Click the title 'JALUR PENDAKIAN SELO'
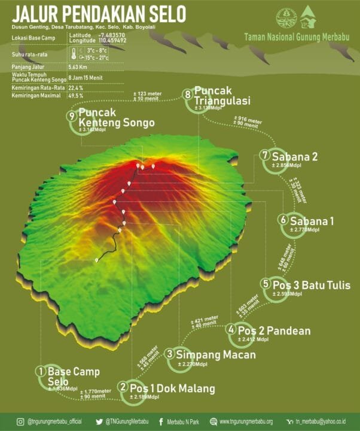click(x=99, y=14)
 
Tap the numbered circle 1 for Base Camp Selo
click(x=41, y=371)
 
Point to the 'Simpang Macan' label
click(x=217, y=354)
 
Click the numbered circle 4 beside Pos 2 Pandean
click(x=231, y=329)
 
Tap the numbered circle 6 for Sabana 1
click(x=283, y=220)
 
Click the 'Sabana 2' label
click(x=297, y=157)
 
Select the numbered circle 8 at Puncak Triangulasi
click(x=188, y=95)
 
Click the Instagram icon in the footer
click(x=20, y=421)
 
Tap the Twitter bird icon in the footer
click(x=99, y=421)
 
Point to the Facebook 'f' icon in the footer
click(x=161, y=421)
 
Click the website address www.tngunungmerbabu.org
click(x=246, y=421)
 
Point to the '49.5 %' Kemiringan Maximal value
click(x=76, y=96)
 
